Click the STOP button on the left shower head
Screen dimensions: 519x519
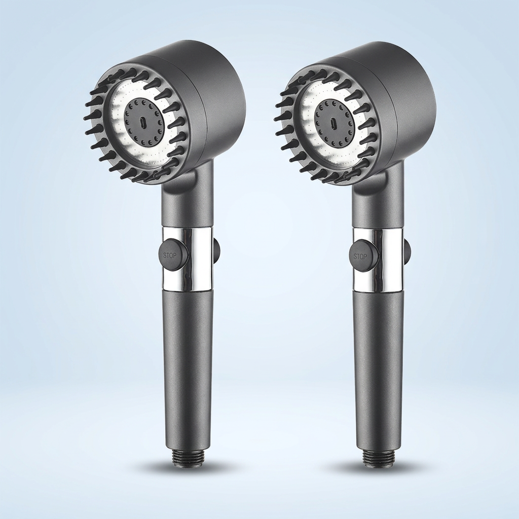coord(171,255)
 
